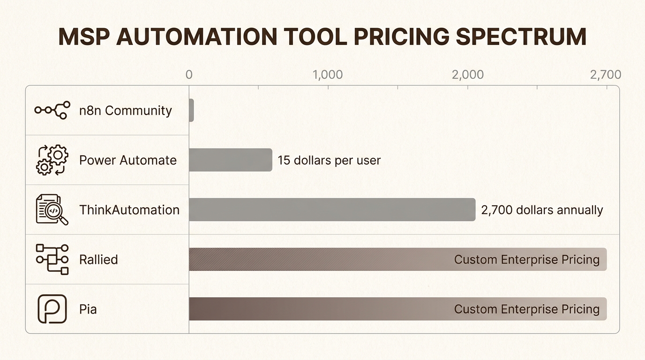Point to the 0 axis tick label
[189, 75]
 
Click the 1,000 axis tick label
[327, 75]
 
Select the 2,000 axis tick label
[468, 75]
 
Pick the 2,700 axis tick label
[606, 75]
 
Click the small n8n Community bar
[191, 110]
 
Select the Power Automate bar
[230, 160]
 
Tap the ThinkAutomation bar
[332, 210]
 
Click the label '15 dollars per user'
[329, 160]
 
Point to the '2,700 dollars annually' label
[542, 210]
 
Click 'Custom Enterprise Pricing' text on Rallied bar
[526, 260]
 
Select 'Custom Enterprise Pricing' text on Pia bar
[526, 309]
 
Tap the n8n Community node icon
[52, 110]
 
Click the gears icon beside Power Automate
[52, 160]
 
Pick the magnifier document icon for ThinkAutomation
[52, 210]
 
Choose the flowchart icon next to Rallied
[52, 259]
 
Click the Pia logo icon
[52, 309]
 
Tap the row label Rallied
[98, 260]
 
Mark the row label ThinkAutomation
[129, 210]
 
